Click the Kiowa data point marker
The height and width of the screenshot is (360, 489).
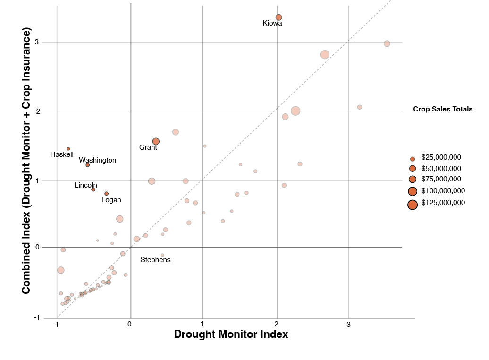pyautogui.click(x=279, y=17)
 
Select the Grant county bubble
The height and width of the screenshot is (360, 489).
pyautogui.click(x=156, y=141)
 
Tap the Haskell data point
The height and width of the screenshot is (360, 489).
pyautogui.click(x=68, y=149)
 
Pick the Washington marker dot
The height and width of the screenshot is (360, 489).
pyautogui.click(x=88, y=165)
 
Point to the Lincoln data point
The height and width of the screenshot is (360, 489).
pyautogui.click(x=93, y=189)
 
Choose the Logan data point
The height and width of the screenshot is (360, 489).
pyautogui.click(x=107, y=194)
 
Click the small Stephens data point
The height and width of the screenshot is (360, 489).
pyautogui.click(x=162, y=255)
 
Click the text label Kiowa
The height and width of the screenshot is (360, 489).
pyautogui.click(x=272, y=23)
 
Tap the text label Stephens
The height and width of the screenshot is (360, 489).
pyautogui.click(x=155, y=260)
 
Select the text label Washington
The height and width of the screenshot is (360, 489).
pyautogui.click(x=97, y=160)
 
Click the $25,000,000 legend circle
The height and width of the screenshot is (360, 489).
pyautogui.click(x=413, y=160)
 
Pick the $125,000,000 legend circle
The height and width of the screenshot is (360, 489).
pyautogui.click(x=413, y=205)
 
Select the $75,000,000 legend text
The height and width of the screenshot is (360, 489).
pyautogui.click(x=441, y=179)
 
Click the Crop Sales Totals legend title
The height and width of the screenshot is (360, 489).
pyautogui.click(x=443, y=109)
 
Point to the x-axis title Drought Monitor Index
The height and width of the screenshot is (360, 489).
pyautogui.click(x=231, y=334)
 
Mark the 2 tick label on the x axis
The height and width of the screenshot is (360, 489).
pyautogui.click(x=276, y=325)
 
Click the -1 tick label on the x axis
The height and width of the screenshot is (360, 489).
pyautogui.click(x=56, y=325)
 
